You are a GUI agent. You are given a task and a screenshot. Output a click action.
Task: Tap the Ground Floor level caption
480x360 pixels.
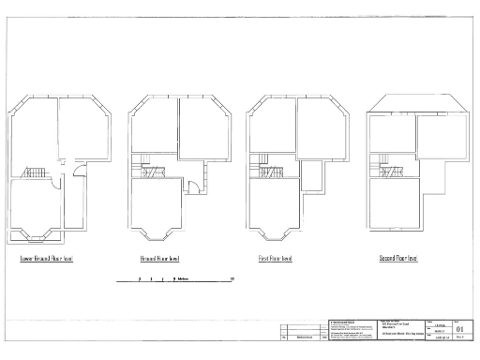pyautogui.click(x=160, y=258)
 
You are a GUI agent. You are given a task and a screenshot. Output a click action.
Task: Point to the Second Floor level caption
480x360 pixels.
pyautogui.click(x=398, y=258)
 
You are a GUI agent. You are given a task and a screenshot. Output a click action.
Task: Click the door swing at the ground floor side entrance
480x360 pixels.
pyautogui.click(x=191, y=184)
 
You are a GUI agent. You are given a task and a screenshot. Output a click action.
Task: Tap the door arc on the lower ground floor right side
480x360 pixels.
pyautogui.click(x=80, y=172)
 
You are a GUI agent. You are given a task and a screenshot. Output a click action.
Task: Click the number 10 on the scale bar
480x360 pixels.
pyautogui.click(x=232, y=279)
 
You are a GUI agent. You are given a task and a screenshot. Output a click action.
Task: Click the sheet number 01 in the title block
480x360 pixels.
pyautogui.click(x=458, y=329)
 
